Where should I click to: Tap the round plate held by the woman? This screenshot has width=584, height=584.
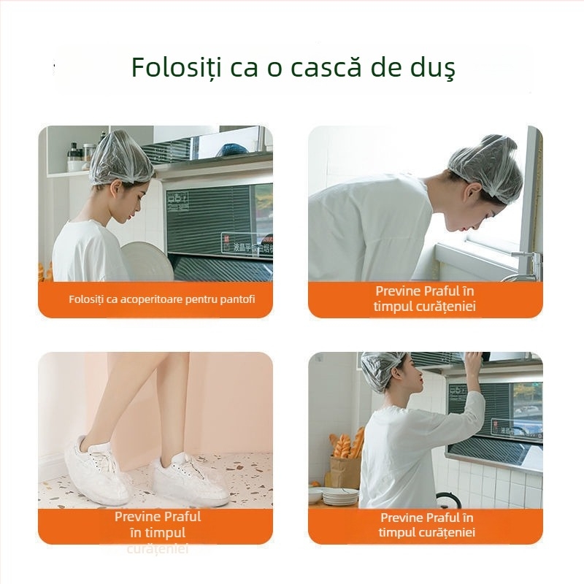point(146,261)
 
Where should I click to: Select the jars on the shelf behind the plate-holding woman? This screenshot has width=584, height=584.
point(81,156)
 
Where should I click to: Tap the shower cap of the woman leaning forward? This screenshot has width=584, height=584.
point(485,166)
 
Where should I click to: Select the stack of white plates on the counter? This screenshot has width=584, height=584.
point(339,496)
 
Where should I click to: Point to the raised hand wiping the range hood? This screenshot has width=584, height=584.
point(474,359)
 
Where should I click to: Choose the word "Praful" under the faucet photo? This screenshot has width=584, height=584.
point(439,291)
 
